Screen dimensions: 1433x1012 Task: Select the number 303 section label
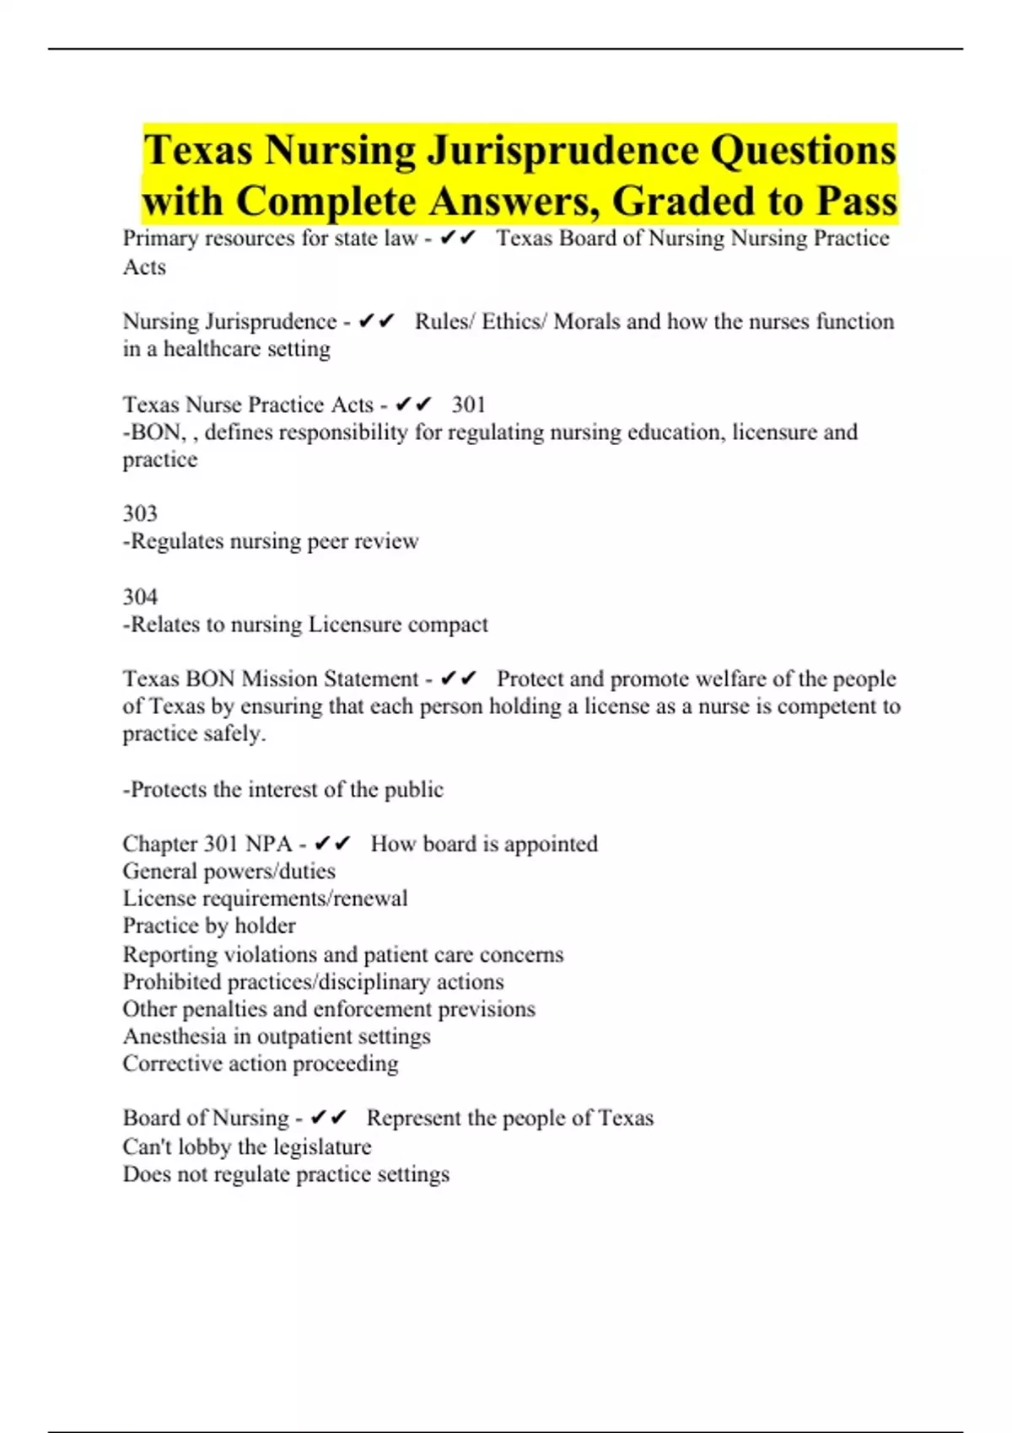[140, 513]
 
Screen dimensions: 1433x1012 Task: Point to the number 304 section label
[140, 597]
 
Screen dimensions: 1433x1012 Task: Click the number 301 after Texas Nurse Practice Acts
[469, 405]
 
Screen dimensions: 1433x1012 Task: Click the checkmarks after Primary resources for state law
[458, 239]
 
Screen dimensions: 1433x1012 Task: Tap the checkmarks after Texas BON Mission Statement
[459, 679]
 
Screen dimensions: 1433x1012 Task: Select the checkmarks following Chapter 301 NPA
[332, 844]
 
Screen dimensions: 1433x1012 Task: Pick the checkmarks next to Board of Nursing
[328, 1118]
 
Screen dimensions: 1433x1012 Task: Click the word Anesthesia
[175, 1036]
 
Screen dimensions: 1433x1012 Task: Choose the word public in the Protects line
[413, 790]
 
